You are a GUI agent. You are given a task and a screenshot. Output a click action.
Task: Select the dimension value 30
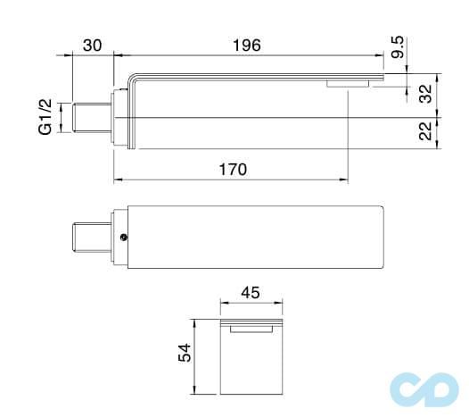[92, 45]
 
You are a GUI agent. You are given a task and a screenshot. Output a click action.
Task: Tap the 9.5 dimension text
[398, 47]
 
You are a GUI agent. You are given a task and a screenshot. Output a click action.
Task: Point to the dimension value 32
[425, 94]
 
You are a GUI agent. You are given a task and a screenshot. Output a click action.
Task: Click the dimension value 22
[425, 131]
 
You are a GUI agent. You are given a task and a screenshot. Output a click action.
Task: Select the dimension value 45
[251, 291]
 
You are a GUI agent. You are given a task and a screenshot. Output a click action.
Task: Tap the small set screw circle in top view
[125, 238]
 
